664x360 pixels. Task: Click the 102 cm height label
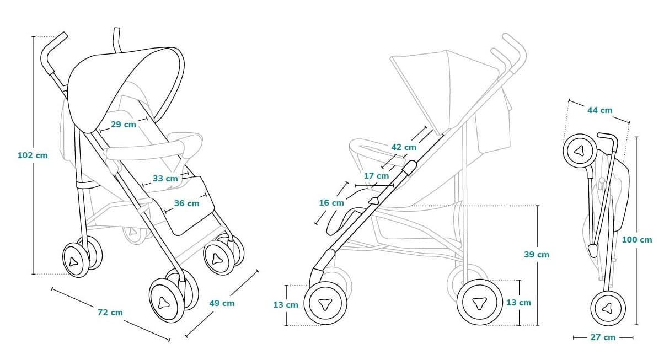click(x=33, y=155)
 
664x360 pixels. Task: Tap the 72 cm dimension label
click(x=110, y=313)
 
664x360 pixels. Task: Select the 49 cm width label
click(x=222, y=303)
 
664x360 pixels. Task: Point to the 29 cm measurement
click(x=123, y=125)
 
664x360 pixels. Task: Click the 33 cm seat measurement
click(x=165, y=179)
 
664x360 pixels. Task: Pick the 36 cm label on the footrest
click(x=186, y=203)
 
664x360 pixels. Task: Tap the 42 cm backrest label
click(x=404, y=147)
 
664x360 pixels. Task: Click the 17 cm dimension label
click(x=376, y=176)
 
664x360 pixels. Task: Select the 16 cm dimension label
click(x=331, y=203)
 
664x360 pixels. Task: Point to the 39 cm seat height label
click(x=536, y=255)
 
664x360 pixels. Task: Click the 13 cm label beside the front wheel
click(x=286, y=305)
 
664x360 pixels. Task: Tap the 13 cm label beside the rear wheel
click(x=518, y=303)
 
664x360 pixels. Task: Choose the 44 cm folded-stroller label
click(x=599, y=110)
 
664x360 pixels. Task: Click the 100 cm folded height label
click(x=637, y=240)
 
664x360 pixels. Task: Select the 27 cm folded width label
click(x=603, y=337)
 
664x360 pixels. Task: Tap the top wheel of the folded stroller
click(x=579, y=151)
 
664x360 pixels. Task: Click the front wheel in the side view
click(x=325, y=304)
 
